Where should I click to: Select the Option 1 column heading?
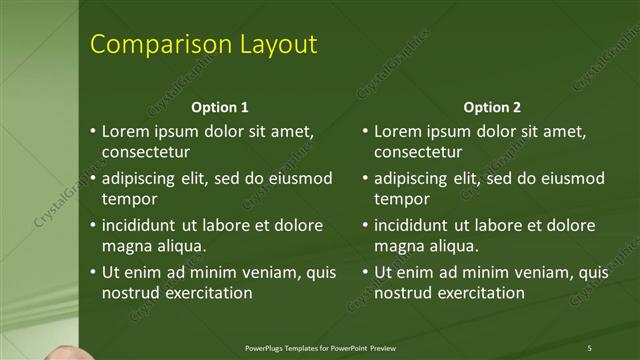click(220, 107)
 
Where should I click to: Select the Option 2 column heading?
click(493, 107)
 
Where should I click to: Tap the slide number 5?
click(590, 347)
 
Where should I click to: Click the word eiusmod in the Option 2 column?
click(571, 178)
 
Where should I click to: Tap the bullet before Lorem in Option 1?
click(93, 132)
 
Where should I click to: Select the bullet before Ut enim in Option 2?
click(366, 272)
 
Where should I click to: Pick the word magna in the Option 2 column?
click(399, 246)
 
